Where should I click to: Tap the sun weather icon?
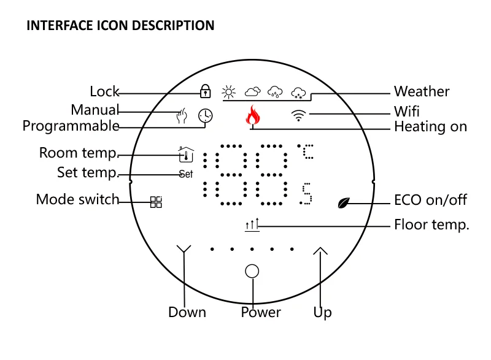(229, 93)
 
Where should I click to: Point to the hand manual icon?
(181, 115)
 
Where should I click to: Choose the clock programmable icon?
(206, 115)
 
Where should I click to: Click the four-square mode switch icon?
(156, 202)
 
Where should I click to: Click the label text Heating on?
(430, 127)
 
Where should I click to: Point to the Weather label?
(422, 92)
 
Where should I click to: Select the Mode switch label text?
(77, 199)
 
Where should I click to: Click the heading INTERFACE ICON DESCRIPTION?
(120, 26)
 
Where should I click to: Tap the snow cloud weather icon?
(298, 93)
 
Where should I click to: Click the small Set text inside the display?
(185, 174)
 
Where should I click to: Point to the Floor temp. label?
(431, 225)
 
